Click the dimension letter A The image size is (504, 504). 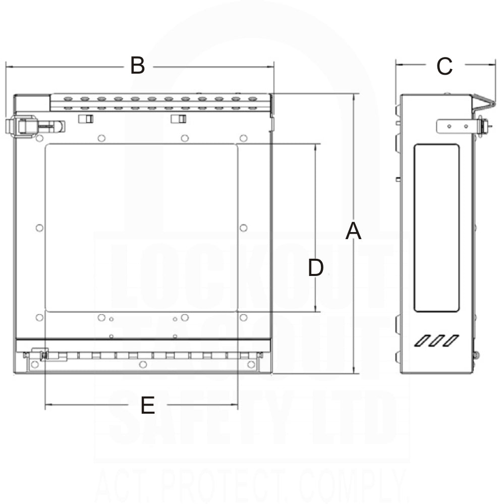(x=353, y=232)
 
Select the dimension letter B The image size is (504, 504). (x=137, y=66)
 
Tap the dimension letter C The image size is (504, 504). (x=444, y=66)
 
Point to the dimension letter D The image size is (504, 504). (x=316, y=268)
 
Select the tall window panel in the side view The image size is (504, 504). (x=436, y=228)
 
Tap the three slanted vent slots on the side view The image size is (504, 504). (x=436, y=341)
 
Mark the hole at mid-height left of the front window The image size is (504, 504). (x=40, y=228)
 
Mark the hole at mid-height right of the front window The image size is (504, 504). (x=243, y=228)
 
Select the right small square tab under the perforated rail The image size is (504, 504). (x=178, y=119)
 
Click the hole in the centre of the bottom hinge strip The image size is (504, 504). (x=143, y=364)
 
